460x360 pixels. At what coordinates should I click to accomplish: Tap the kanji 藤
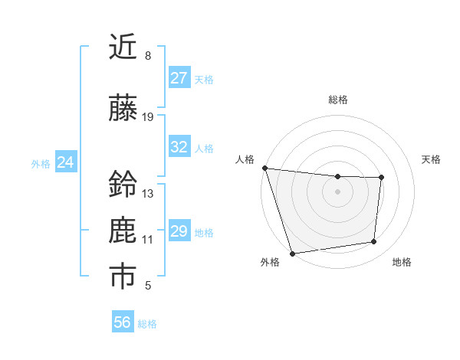pyautogui.click(x=123, y=109)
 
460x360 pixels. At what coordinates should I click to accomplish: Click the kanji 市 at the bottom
pyautogui.click(x=123, y=277)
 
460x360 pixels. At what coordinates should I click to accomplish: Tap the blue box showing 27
pyautogui.click(x=179, y=78)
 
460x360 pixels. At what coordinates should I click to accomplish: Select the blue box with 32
pyautogui.click(x=179, y=147)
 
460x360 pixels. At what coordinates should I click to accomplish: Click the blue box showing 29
pyautogui.click(x=179, y=231)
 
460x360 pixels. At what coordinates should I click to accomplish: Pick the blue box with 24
pyautogui.click(x=66, y=162)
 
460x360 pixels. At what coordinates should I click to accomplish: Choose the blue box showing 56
pyautogui.click(x=122, y=322)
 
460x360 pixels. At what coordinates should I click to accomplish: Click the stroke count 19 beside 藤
pyautogui.click(x=148, y=117)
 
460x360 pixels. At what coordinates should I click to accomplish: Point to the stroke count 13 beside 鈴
pyautogui.click(x=148, y=194)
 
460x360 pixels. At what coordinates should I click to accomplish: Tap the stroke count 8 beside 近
pyautogui.click(x=148, y=56)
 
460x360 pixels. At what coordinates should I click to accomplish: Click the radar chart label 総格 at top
pyautogui.click(x=337, y=100)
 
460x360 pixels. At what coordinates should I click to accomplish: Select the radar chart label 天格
pyautogui.click(x=432, y=159)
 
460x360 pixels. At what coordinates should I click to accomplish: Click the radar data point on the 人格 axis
pyautogui.click(x=264, y=168)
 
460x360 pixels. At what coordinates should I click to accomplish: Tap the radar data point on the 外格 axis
pyautogui.click(x=292, y=253)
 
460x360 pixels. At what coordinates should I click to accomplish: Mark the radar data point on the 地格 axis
pyautogui.click(x=374, y=242)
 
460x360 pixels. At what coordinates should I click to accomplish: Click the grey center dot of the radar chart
pyautogui.click(x=337, y=191)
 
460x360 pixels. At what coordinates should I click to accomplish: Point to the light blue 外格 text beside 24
pyautogui.click(x=41, y=163)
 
